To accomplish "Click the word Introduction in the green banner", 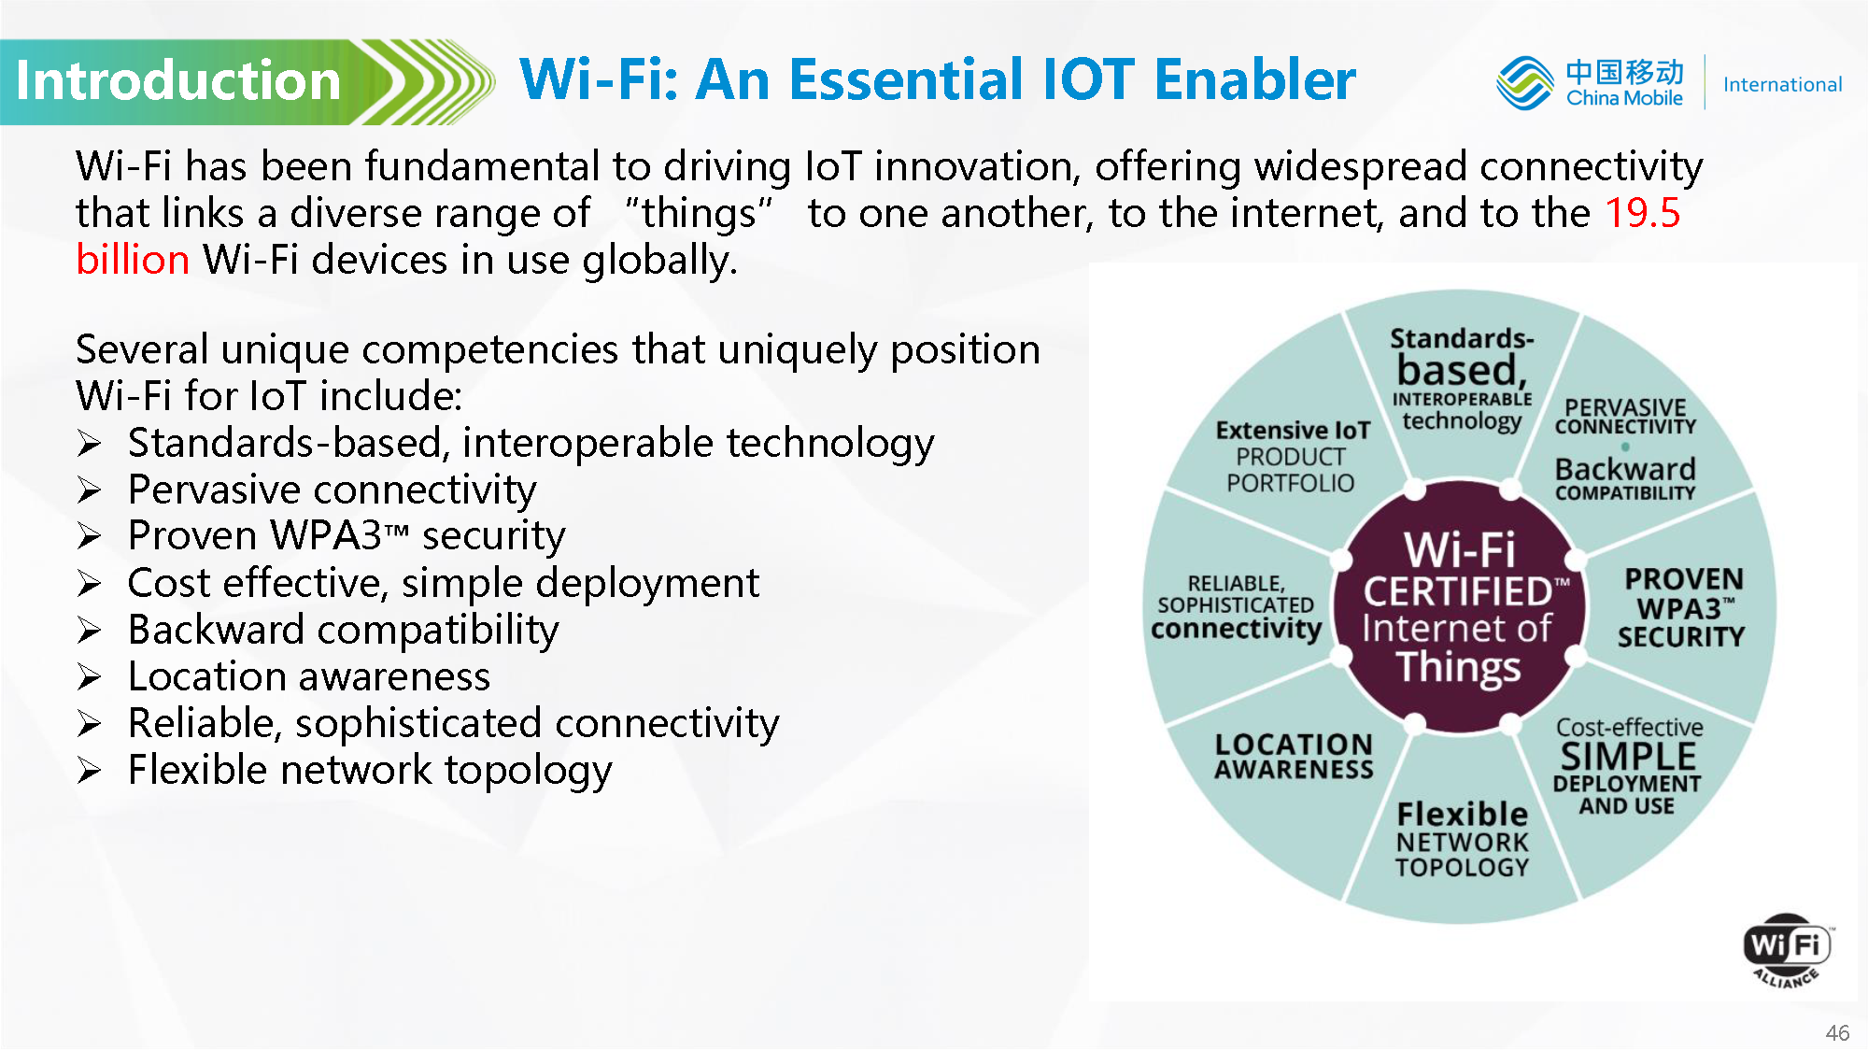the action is pyautogui.click(x=178, y=80).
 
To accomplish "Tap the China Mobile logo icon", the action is pyautogui.click(x=1524, y=82).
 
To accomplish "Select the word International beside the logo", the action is pyautogui.click(x=1782, y=85).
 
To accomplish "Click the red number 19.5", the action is pyautogui.click(x=1643, y=213).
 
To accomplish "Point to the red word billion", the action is pyautogui.click(x=133, y=260).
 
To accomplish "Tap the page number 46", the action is pyautogui.click(x=1837, y=1032).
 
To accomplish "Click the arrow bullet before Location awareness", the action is pyautogui.click(x=90, y=676).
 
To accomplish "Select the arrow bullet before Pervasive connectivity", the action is pyautogui.click(x=90, y=490).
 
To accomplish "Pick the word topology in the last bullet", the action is pyautogui.click(x=528, y=772).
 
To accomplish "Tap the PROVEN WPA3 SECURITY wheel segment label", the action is pyautogui.click(x=1682, y=608).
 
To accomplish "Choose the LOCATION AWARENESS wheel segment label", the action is pyautogui.click(x=1295, y=757).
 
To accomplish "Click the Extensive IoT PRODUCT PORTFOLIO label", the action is pyautogui.click(x=1293, y=457).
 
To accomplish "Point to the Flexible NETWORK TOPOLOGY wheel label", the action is pyautogui.click(x=1463, y=839).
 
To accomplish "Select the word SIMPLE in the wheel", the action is pyautogui.click(x=1628, y=756).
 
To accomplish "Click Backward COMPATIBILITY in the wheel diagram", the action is pyautogui.click(x=1625, y=478).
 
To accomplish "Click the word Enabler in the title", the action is pyautogui.click(x=1255, y=79).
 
